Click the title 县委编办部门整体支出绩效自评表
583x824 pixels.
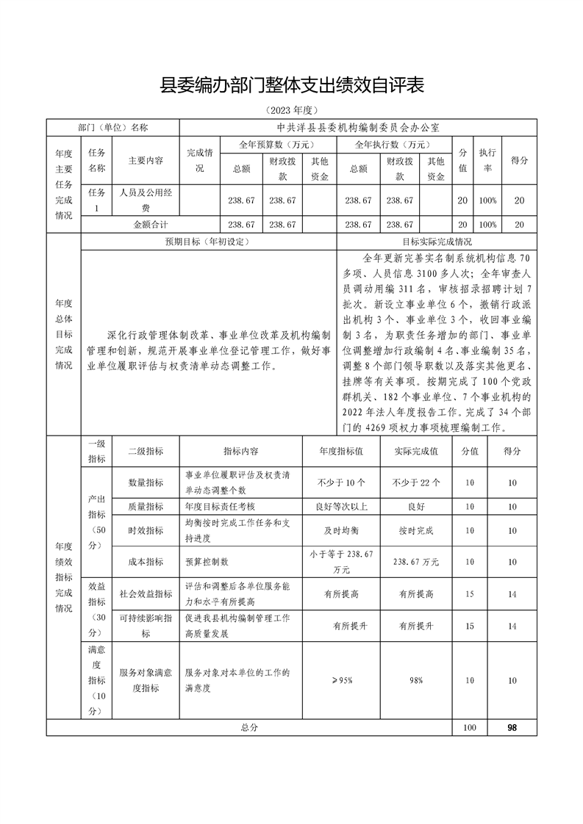(x=292, y=86)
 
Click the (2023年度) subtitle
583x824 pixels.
(x=292, y=111)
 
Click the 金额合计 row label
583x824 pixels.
(x=151, y=224)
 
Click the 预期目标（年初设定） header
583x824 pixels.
(x=210, y=241)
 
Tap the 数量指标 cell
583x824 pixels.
(x=146, y=483)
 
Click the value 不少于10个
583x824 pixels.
(x=337, y=483)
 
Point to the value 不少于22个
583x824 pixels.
(x=417, y=483)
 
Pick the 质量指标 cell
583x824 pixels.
(x=146, y=506)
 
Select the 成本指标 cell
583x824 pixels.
(x=146, y=562)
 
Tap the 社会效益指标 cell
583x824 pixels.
(x=146, y=594)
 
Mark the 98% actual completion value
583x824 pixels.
(x=417, y=681)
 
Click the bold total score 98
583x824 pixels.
(x=512, y=727)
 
